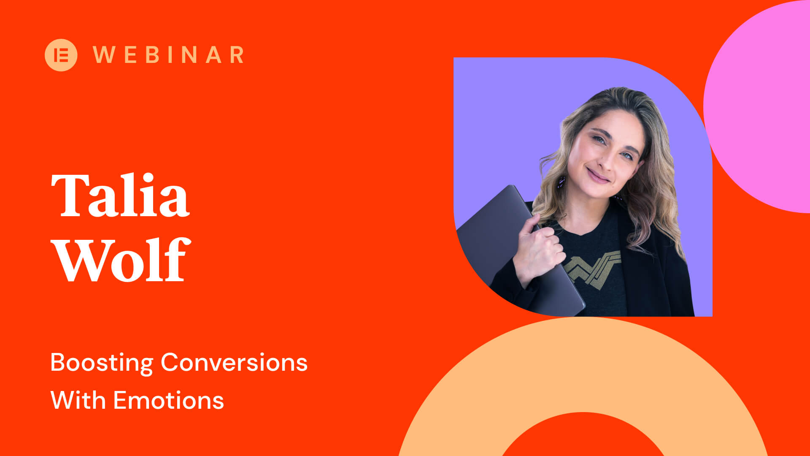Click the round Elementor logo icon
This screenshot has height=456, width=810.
(61, 55)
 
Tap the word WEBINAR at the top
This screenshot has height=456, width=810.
(168, 55)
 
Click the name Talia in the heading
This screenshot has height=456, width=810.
(120, 195)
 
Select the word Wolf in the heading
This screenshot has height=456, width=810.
(121, 259)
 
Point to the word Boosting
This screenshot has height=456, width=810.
(101, 363)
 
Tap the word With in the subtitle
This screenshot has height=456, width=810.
(78, 400)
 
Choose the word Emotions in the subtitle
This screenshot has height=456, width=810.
(169, 400)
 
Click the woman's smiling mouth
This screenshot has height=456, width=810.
(598, 176)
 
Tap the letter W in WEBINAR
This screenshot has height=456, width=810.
(103, 55)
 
